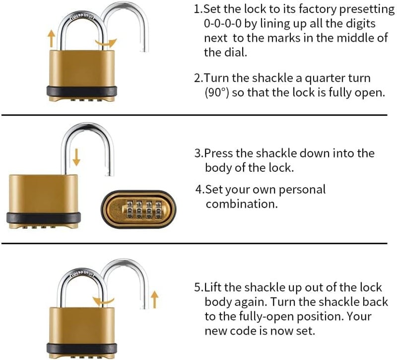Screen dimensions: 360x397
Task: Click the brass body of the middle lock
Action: pos(43,191)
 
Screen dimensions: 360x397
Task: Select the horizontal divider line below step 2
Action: pos(198,115)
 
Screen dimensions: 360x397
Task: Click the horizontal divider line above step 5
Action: pos(198,244)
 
